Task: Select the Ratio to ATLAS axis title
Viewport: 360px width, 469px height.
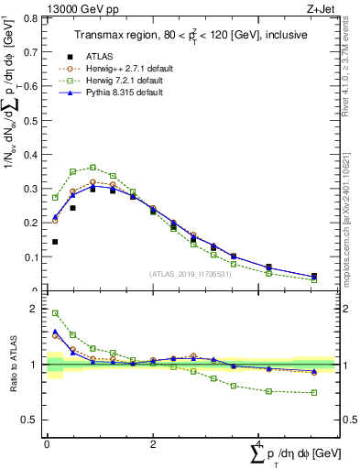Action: point(14,365)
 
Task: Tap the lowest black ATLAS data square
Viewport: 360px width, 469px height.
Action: point(56,242)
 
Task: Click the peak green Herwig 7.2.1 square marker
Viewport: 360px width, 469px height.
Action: point(93,167)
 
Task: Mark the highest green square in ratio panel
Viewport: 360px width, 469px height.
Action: point(56,313)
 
